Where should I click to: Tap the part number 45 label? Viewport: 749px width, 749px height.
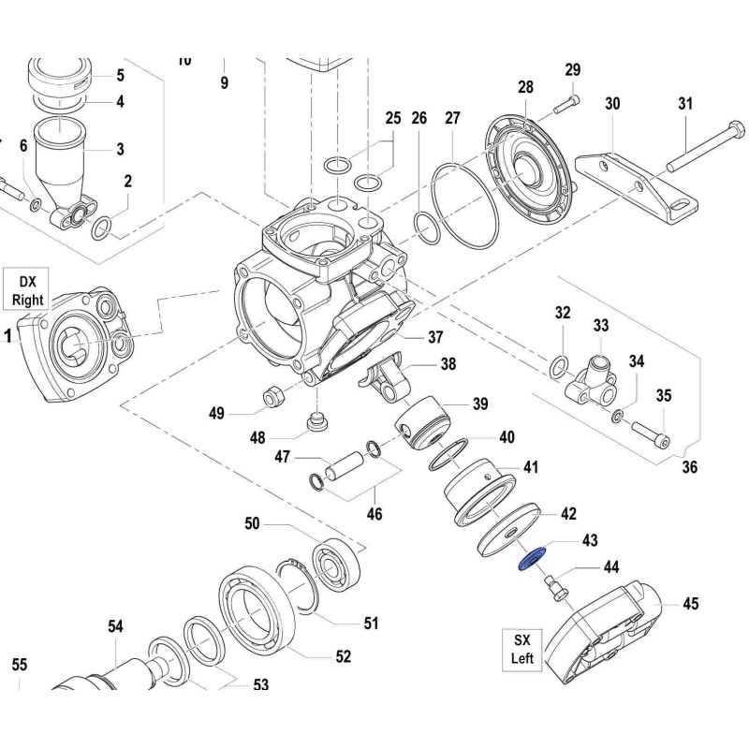tap(690, 604)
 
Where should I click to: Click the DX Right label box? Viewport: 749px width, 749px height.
tap(28, 290)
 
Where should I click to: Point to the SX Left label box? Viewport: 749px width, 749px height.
tap(521, 649)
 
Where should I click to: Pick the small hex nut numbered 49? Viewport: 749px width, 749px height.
tap(273, 398)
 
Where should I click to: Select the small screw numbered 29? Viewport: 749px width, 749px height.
tap(565, 105)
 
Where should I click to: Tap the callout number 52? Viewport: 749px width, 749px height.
tap(344, 656)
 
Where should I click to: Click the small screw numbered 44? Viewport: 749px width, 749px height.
tap(556, 588)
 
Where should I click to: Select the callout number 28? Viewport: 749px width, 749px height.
tap(525, 87)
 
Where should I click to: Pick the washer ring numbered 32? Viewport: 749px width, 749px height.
tap(560, 365)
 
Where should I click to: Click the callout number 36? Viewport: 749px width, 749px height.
tap(690, 467)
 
